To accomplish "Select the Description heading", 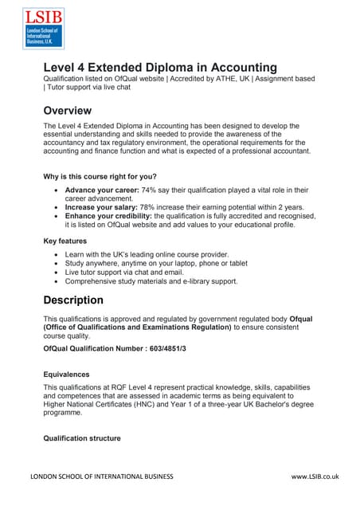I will click(84, 300).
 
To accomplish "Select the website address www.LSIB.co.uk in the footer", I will click(315, 477).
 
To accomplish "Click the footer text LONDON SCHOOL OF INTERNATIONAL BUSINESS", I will click(101, 477).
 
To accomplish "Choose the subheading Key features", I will click(65, 240).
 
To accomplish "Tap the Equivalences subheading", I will click(66, 373).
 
